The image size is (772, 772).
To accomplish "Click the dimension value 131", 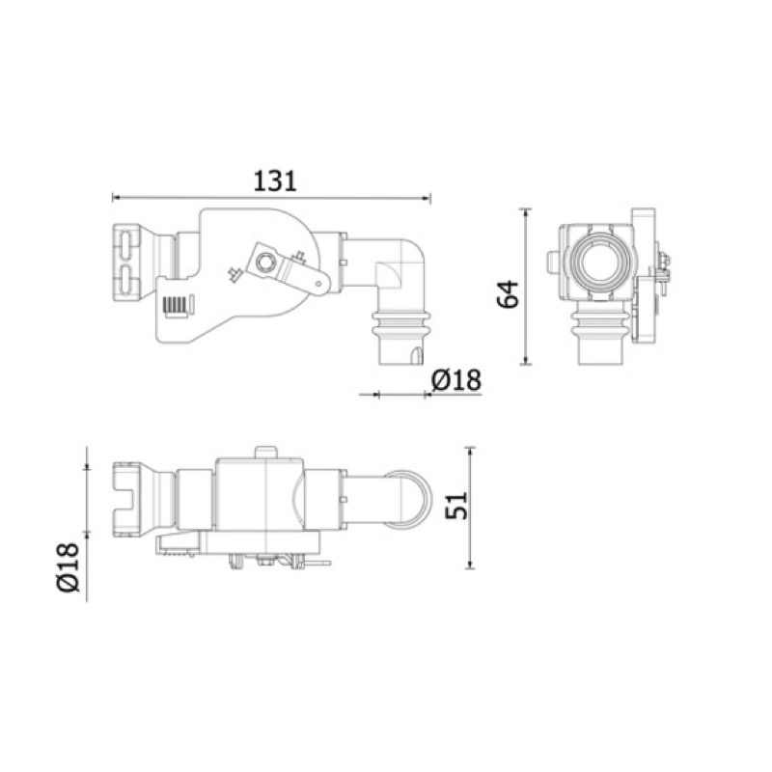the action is (275, 181).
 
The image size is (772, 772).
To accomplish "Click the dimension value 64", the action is (509, 294).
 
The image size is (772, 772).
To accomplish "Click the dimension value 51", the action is (456, 505).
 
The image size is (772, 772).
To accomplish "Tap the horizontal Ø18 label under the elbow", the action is (456, 380).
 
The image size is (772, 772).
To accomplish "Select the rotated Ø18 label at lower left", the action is (68, 567).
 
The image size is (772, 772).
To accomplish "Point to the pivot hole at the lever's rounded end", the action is (318, 283).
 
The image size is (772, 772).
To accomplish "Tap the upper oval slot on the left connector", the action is (126, 245).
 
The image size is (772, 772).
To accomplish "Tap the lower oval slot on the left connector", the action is (126, 280).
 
